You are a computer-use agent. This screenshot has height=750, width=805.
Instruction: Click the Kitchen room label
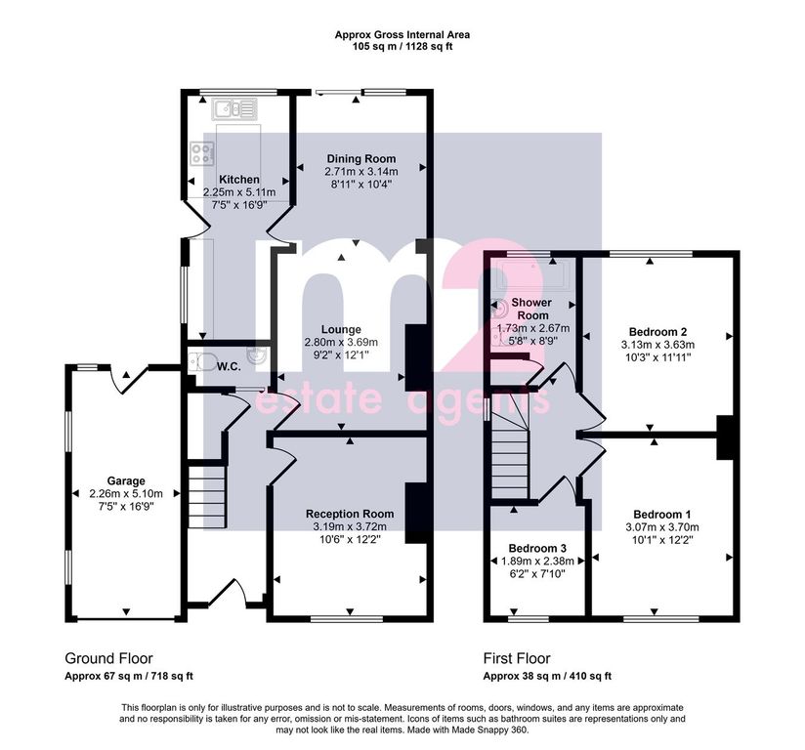click(239, 179)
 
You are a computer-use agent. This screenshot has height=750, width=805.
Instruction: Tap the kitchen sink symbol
click(234, 109)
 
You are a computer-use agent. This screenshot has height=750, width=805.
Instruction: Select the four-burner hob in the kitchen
click(202, 153)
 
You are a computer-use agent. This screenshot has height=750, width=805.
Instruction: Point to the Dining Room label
click(361, 158)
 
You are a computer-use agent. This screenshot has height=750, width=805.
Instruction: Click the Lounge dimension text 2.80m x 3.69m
click(341, 342)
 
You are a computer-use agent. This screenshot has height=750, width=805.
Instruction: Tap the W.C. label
click(229, 366)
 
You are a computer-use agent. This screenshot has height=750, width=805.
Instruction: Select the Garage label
click(126, 481)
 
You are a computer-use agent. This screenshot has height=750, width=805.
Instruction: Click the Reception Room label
click(350, 514)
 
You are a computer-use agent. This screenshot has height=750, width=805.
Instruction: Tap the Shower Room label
click(532, 309)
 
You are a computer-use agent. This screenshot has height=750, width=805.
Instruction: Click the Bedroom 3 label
click(537, 548)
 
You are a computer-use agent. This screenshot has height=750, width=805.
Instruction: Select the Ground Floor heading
click(108, 658)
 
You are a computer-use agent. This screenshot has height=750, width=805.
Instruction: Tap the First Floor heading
click(517, 658)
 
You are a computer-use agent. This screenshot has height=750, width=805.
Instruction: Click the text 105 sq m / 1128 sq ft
click(402, 47)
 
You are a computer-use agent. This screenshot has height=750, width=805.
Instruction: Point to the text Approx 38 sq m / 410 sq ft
click(547, 676)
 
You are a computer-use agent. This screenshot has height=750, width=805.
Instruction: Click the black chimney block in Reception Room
click(417, 513)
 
